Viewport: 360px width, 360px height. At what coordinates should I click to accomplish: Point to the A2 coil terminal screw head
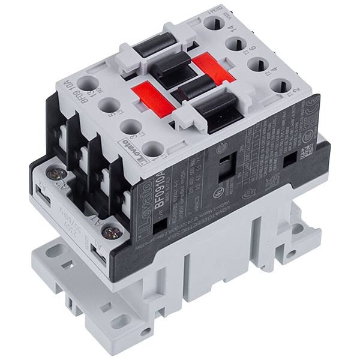[56, 173]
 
